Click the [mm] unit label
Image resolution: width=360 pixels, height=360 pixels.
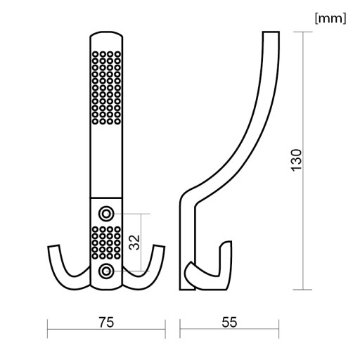[x=330, y=18]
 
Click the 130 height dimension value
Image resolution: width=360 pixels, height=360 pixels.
[x=296, y=160]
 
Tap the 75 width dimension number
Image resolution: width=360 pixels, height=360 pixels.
[x=106, y=322]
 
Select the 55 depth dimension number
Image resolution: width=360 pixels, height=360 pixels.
[x=229, y=322]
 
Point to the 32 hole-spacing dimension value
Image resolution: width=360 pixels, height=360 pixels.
[x=135, y=243]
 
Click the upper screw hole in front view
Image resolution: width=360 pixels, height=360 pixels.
[x=106, y=214]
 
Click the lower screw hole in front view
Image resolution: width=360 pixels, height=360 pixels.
[x=106, y=271]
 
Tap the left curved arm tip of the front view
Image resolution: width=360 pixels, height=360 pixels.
[x=53, y=246]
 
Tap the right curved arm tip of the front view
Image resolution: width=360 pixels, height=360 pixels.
[x=160, y=246]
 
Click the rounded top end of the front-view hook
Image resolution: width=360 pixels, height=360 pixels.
[x=106, y=32]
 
